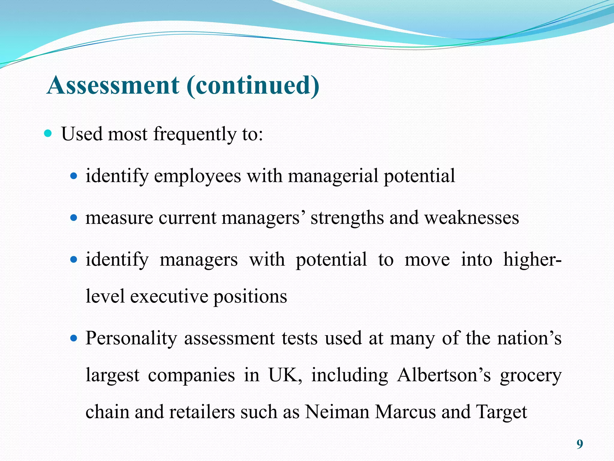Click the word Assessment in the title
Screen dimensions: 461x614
pyautogui.click(x=113, y=85)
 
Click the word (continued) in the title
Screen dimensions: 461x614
pyautogui.click(x=253, y=85)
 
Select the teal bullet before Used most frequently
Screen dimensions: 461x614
pyautogui.click(x=48, y=133)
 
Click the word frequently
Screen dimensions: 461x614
pyautogui.click(x=195, y=134)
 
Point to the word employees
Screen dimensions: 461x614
pyautogui.click(x=197, y=176)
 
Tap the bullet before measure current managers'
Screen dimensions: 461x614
pyautogui.click(x=73, y=217)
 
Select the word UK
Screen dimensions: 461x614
pyautogui.click(x=285, y=375)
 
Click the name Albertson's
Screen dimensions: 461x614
pyautogui.click(x=444, y=375)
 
